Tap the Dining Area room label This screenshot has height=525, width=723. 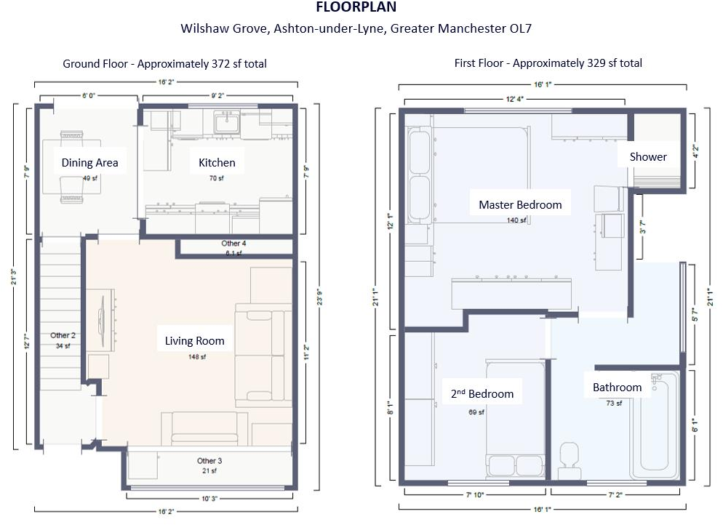(89, 163)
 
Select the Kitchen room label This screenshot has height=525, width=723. (217, 163)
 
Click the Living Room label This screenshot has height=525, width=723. (194, 340)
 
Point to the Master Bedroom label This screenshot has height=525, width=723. (520, 205)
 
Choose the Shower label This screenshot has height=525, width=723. (648, 157)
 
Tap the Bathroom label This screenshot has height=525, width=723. (617, 388)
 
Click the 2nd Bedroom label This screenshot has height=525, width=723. (482, 394)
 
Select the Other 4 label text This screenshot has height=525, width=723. (233, 244)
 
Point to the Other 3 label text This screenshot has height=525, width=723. (209, 461)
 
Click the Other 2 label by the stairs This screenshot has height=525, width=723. (62, 336)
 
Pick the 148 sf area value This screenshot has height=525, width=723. (194, 356)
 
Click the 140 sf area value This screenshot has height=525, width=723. (516, 220)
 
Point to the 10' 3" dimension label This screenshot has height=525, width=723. (209, 497)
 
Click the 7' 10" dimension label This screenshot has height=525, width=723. (477, 495)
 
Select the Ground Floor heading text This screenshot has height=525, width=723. (164, 64)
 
